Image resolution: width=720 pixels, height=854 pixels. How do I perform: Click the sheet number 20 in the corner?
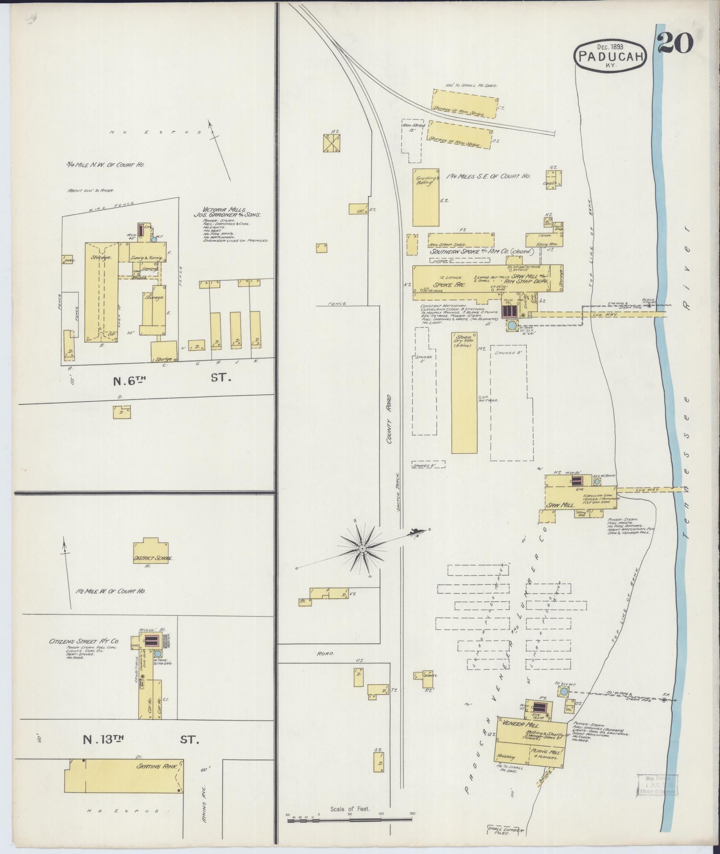(x=675, y=44)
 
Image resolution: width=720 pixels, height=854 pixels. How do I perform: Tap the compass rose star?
(x=363, y=548)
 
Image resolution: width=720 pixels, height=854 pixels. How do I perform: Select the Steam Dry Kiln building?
(x=464, y=393)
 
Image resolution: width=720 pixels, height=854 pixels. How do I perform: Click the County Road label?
(x=389, y=418)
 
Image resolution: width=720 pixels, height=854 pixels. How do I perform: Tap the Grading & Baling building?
(x=425, y=198)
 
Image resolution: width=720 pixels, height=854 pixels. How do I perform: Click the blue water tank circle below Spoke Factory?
(x=512, y=326)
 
